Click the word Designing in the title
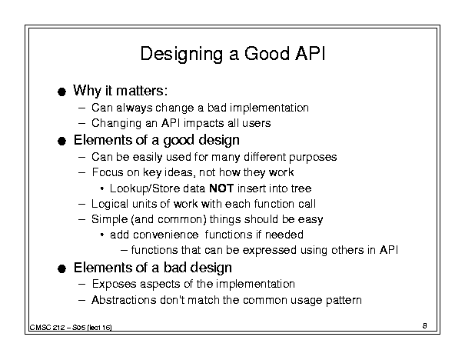pyautogui.click(x=181, y=55)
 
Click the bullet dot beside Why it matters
pyautogui.click(x=61, y=92)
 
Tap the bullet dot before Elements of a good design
pyautogui.click(x=61, y=141)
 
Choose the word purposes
pyautogui.click(x=313, y=158)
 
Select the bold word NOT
pyautogui.click(x=221, y=188)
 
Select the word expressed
pyautogui.click(x=269, y=250)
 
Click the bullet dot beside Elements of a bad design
pyautogui.click(x=61, y=269)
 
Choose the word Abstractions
pyautogui.click(x=124, y=300)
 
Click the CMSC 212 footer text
pyautogui.click(x=71, y=328)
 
